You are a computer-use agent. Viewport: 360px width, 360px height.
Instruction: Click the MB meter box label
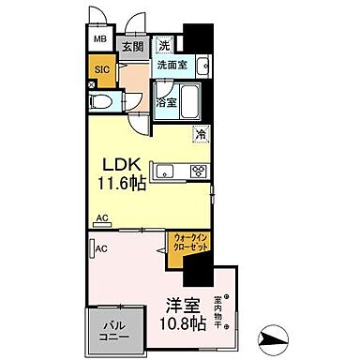(98, 40)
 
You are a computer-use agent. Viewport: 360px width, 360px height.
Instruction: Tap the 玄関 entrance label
(130, 44)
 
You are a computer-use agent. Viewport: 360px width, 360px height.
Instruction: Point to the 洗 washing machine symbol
(163, 43)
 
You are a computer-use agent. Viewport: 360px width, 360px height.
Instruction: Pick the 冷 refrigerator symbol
(201, 134)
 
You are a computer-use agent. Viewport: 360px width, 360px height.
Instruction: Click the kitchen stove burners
(199, 171)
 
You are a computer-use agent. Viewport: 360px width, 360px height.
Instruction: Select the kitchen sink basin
(166, 171)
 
